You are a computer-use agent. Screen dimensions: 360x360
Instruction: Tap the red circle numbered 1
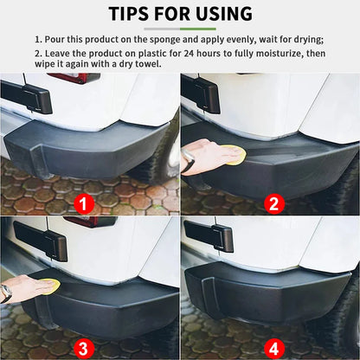83,204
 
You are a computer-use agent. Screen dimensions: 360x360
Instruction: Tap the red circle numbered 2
273,204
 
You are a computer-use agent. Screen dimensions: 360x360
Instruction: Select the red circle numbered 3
83,348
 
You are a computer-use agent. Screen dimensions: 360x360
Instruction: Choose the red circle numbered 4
273,348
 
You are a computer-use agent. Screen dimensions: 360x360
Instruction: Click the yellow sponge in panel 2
232,156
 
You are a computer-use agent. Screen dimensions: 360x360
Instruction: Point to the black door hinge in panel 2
201,92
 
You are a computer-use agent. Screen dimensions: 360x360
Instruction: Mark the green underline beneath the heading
180,29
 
